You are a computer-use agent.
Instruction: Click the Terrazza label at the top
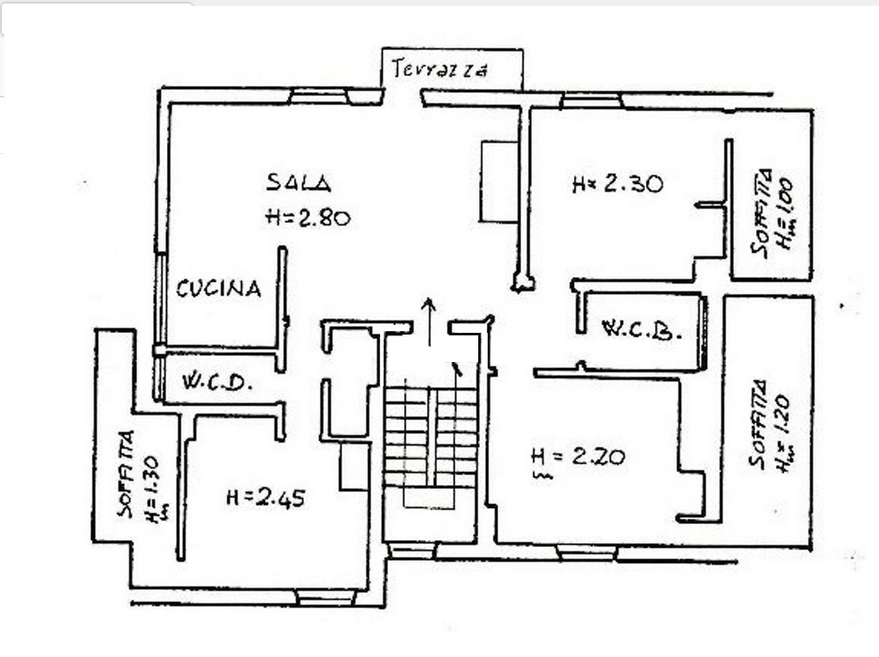coord(439,69)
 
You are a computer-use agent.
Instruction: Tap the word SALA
coord(298,182)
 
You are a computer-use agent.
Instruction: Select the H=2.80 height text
coord(308,217)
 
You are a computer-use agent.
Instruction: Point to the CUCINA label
coord(218,288)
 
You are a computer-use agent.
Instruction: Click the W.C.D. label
coord(216,383)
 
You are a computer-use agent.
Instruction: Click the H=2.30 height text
coord(618,183)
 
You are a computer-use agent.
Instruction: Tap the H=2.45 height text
coord(266,497)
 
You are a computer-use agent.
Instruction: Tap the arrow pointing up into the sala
coord(429,322)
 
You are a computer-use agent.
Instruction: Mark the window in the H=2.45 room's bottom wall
coord(326,598)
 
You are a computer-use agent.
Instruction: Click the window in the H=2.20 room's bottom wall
coord(587,553)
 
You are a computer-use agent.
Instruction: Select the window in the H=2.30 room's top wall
coord(592,101)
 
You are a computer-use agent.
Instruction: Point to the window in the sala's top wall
coord(320,96)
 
